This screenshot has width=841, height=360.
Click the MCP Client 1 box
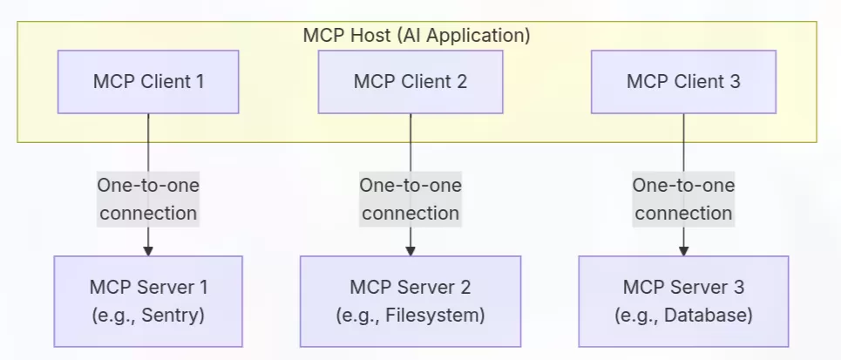pyautogui.click(x=148, y=82)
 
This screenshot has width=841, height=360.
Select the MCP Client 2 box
pyautogui.click(x=410, y=82)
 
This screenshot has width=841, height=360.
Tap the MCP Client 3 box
pyautogui.click(x=683, y=82)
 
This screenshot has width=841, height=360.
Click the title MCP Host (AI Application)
pyautogui.click(x=417, y=36)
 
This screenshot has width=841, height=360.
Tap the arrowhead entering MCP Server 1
pyautogui.click(x=148, y=250)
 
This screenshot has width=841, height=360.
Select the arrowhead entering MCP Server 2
pyautogui.click(x=410, y=250)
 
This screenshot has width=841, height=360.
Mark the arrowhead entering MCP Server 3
pyautogui.click(x=683, y=250)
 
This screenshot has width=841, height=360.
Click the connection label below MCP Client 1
pyautogui.click(x=148, y=199)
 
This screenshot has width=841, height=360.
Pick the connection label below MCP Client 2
pyautogui.click(x=410, y=199)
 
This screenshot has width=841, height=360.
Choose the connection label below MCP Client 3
pyautogui.click(x=683, y=199)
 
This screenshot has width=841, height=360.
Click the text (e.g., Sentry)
pyautogui.click(x=148, y=315)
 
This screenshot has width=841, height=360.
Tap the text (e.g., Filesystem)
pyautogui.click(x=410, y=315)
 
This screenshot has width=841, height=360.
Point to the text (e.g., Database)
pyautogui.click(x=683, y=315)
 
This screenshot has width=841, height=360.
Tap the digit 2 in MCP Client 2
pyautogui.click(x=462, y=82)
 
